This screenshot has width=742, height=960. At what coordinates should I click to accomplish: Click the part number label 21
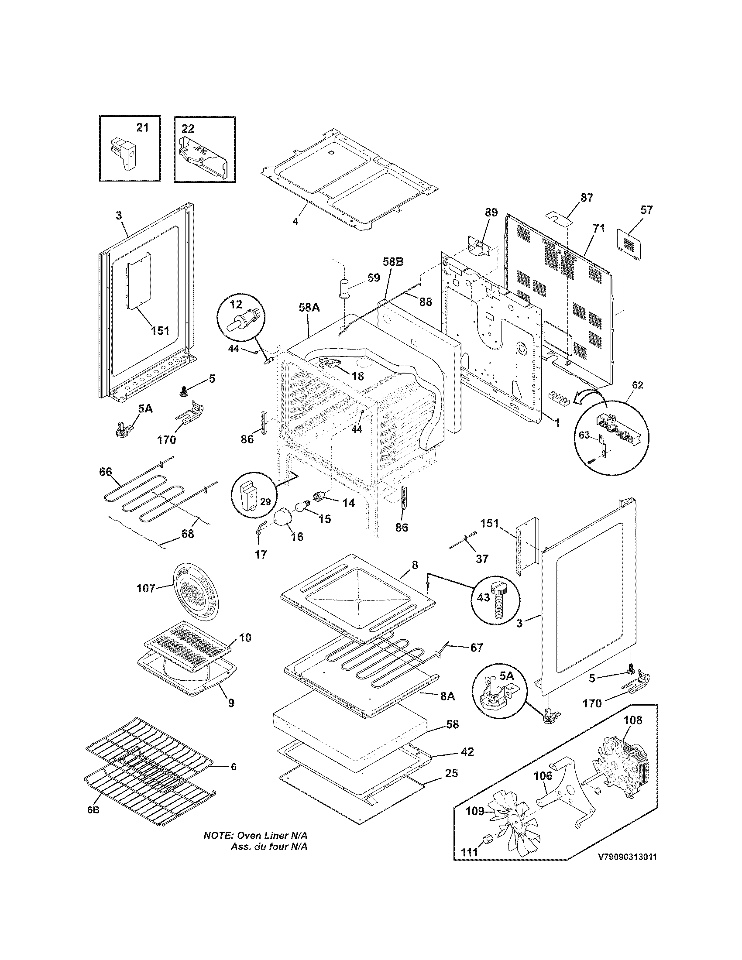click(x=142, y=128)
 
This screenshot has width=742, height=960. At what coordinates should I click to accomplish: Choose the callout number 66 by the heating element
click(x=106, y=472)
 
